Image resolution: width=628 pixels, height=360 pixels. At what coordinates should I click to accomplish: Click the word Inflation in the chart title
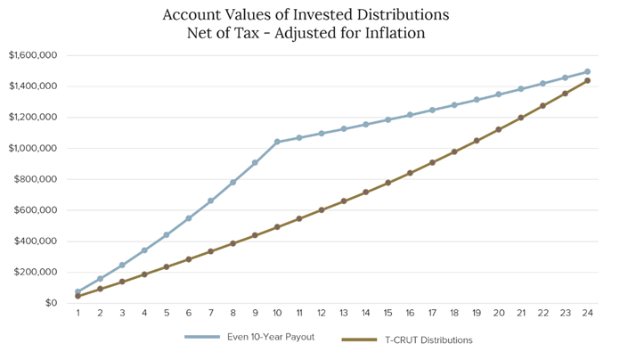pos(396,34)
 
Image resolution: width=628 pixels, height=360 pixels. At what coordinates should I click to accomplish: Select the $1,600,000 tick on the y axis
pos(33,55)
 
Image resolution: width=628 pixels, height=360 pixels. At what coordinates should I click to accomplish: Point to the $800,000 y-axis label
pos(37,179)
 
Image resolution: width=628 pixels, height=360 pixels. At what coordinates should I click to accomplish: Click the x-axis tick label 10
pos(277,314)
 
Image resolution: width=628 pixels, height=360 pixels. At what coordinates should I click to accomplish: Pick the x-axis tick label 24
pos(587,314)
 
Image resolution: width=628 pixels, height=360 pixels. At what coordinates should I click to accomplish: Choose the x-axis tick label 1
pos(77,314)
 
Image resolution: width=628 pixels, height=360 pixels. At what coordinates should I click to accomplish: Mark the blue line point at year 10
pos(277,142)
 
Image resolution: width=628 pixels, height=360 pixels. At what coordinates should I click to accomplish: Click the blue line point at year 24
pos(587,72)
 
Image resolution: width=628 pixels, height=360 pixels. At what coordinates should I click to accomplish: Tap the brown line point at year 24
pos(587,81)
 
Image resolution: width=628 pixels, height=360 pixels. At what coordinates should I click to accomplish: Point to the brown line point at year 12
pos(322,210)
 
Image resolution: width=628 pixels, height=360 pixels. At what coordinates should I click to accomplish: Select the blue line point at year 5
pos(167,235)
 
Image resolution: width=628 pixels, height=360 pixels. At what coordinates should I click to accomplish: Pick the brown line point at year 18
pos(454,151)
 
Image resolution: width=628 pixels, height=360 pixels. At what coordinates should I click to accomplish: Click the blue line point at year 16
pos(410,115)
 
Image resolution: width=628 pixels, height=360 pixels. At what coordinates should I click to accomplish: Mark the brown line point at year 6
pos(189,259)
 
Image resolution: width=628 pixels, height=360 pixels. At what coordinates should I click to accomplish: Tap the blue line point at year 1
pos(77,292)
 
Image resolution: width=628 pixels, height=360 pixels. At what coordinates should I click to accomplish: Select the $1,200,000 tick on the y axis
pos(33,118)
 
